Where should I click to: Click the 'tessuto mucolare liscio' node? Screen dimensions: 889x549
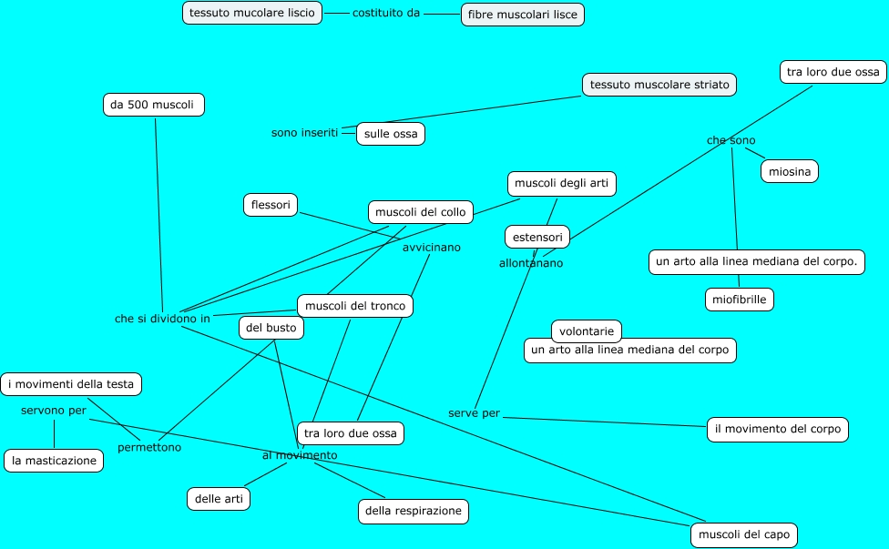point(252,13)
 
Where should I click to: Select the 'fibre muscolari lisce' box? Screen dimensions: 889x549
point(522,15)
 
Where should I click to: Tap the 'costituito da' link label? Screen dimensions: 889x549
point(386,14)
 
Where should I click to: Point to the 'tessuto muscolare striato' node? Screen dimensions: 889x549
point(659,85)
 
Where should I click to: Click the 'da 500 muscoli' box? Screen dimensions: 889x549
point(153,105)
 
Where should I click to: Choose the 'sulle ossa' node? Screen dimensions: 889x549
point(391,134)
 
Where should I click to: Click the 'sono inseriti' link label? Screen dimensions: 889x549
point(304,133)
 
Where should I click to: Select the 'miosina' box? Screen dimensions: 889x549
point(790,170)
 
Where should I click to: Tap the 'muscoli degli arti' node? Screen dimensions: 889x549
point(561,183)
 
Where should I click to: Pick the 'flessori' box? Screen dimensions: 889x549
point(271,205)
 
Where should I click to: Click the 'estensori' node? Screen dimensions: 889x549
point(537,237)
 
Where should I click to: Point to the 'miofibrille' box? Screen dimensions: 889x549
point(740,299)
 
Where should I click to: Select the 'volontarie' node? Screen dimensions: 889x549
point(587,331)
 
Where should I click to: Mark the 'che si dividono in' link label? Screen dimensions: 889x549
point(162,319)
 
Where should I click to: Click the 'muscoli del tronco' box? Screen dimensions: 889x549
point(355,306)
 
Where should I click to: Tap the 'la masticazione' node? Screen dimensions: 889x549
point(54,461)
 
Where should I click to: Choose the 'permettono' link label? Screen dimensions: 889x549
point(149,447)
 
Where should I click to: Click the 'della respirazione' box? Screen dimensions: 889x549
point(414,512)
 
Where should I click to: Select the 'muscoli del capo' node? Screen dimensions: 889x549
point(744,534)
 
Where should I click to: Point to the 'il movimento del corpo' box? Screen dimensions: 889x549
point(778,430)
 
